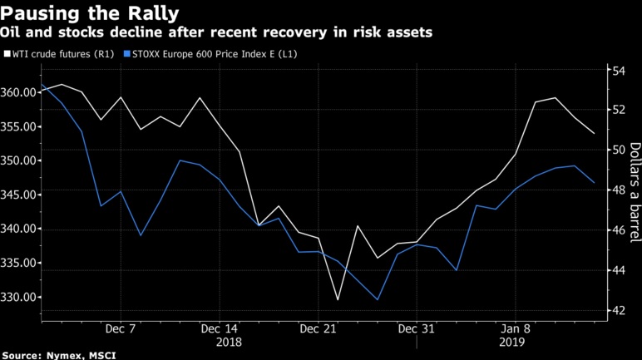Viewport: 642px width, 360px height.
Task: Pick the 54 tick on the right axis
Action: click(619, 70)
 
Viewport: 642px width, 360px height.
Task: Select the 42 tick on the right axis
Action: click(619, 310)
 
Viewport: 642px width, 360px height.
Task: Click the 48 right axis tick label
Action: click(619, 190)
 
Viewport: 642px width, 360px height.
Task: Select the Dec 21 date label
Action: click(319, 328)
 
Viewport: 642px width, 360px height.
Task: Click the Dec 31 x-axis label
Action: click(417, 328)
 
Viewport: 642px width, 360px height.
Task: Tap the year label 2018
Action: click(229, 342)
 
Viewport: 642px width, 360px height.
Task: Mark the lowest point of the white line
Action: click(338, 300)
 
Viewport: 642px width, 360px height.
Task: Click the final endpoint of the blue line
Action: click(594, 182)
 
